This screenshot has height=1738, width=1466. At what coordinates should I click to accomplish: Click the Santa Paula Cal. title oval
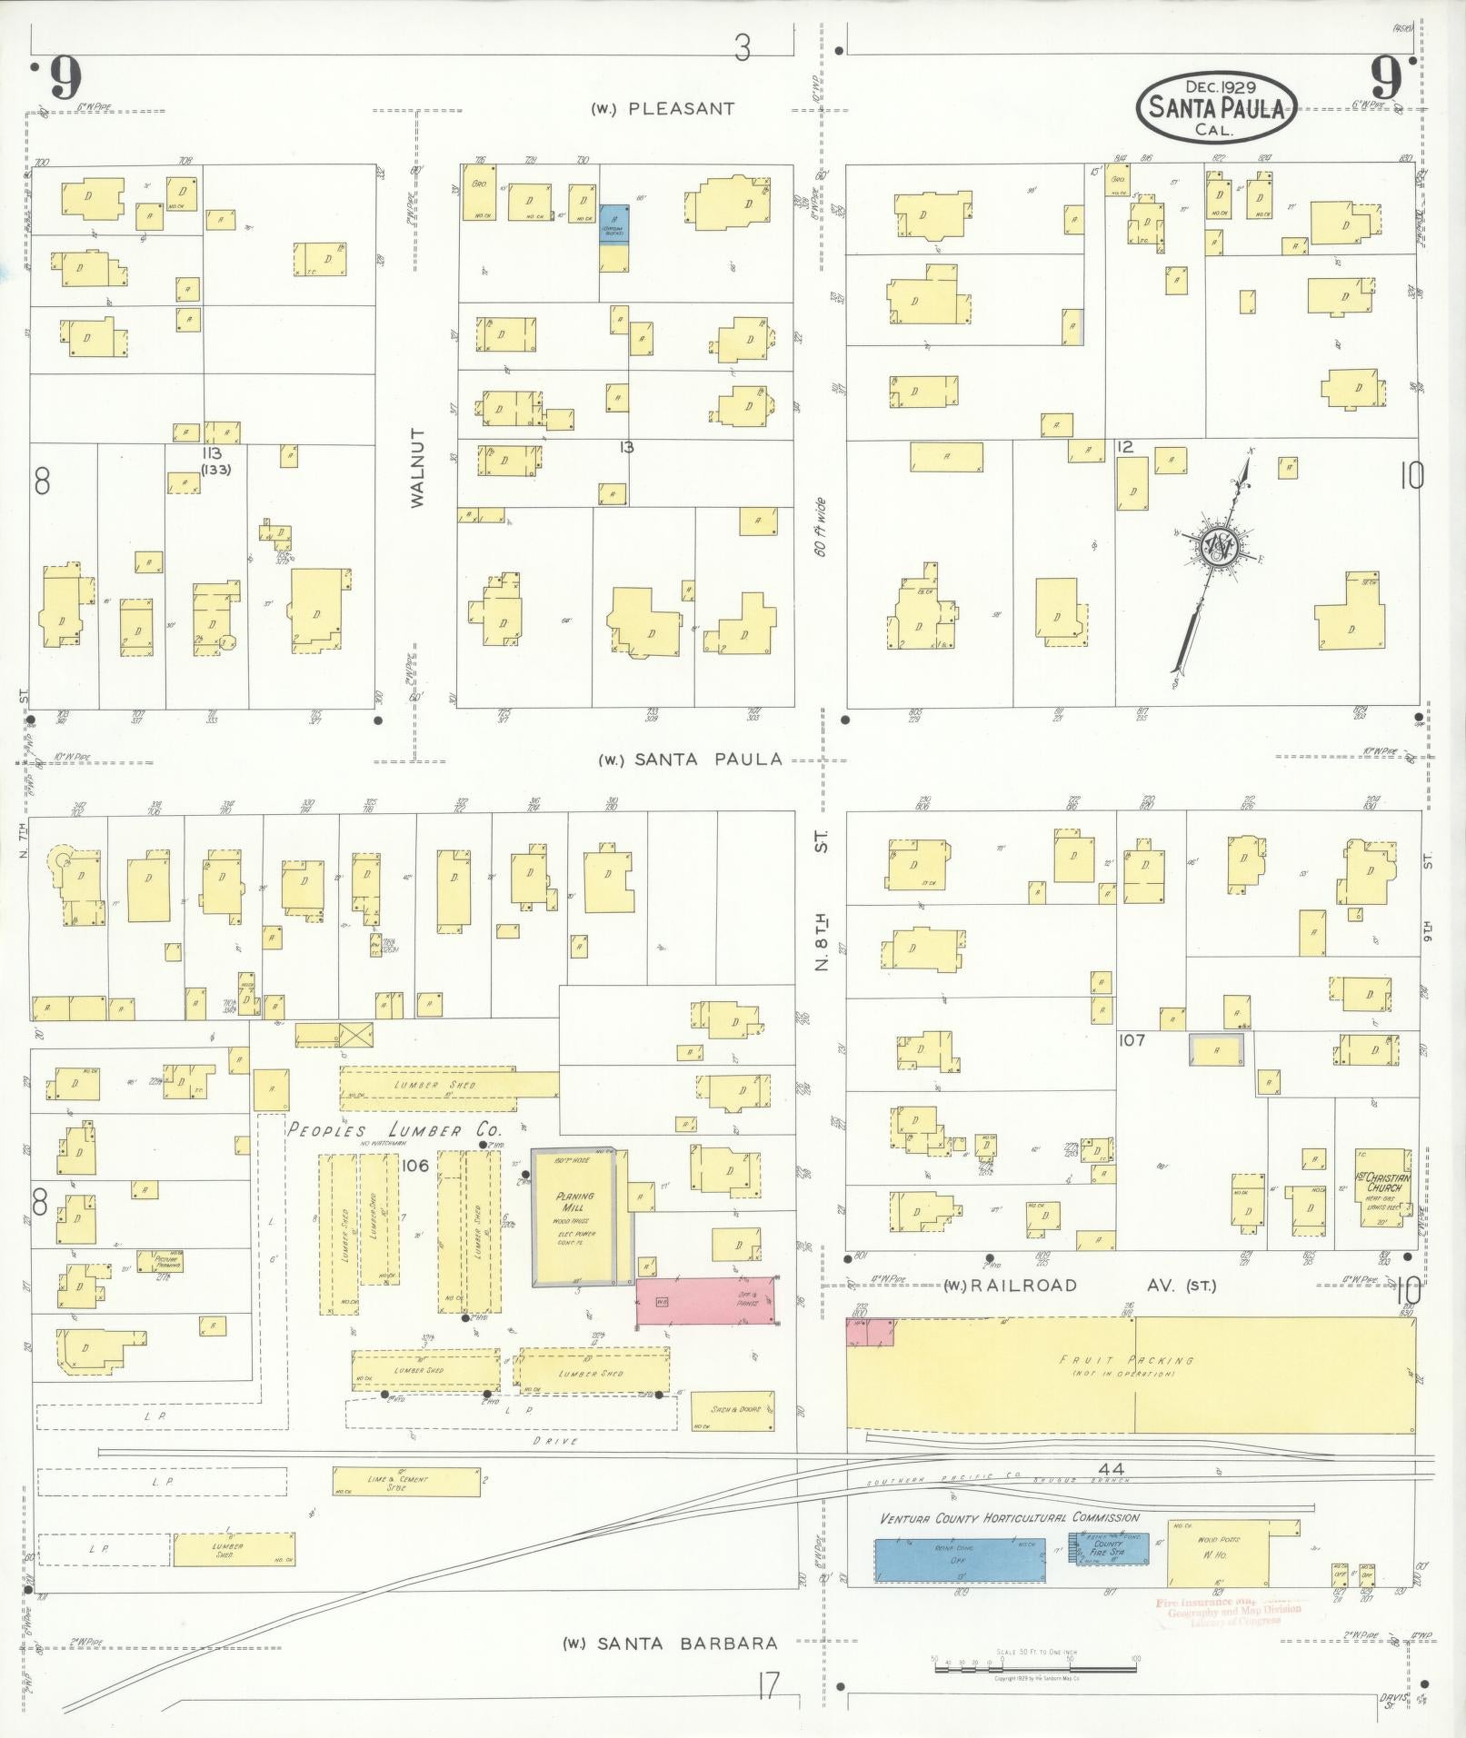tap(1216, 107)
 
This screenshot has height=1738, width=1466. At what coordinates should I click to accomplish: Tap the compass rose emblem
tap(1216, 545)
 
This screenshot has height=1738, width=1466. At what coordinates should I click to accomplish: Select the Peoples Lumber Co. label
tap(394, 1130)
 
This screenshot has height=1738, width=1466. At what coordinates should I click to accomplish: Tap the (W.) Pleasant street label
tap(663, 109)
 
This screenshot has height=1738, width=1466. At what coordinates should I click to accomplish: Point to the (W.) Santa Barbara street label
tap(670, 1643)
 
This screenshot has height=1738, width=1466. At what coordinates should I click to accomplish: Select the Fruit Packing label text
tap(1126, 1360)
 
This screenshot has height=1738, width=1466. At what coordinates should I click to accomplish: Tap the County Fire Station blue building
tap(1112, 1548)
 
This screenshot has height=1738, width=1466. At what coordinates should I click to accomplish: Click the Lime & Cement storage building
tap(406, 1481)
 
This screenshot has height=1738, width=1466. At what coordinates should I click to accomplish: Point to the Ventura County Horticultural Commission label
tap(1009, 1517)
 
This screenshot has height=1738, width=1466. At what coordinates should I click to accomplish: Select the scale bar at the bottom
tap(1034, 1659)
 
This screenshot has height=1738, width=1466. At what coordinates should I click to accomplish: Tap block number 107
tap(1132, 1040)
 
